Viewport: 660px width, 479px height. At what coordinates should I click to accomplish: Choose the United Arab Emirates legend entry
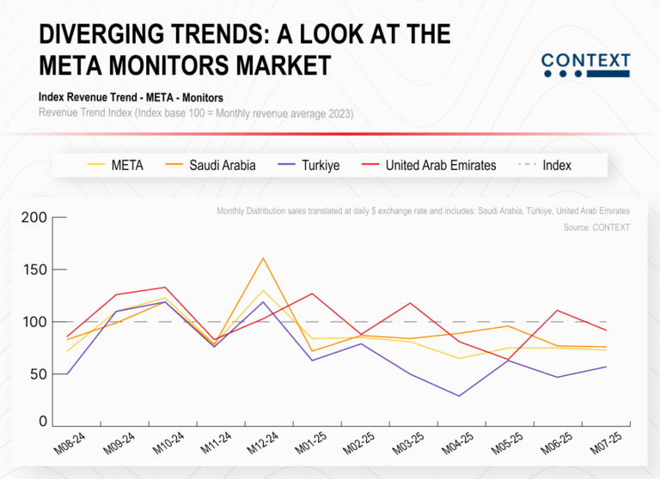440,165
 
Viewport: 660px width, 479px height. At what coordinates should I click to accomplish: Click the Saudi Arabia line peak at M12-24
263,258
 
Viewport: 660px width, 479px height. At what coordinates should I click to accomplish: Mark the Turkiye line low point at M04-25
460,396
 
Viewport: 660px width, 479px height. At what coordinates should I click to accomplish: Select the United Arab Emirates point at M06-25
558,311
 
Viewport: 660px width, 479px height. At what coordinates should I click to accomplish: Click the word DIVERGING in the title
107,34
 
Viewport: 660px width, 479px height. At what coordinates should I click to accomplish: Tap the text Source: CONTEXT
596,227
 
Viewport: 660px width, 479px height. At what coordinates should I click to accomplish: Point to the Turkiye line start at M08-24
66,374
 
